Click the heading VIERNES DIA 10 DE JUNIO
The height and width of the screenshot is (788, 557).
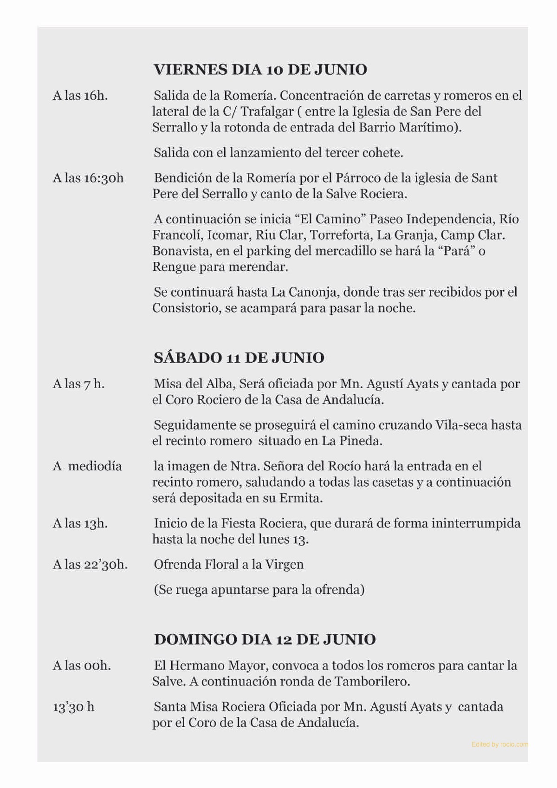click(x=260, y=70)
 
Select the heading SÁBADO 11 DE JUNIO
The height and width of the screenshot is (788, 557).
click(x=239, y=358)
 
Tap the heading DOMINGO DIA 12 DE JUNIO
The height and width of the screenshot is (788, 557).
click(x=265, y=639)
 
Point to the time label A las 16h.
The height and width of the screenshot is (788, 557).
click(x=80, y=96)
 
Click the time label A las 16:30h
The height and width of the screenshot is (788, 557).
click(x=88, y=178)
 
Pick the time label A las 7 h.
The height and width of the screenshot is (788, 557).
click(x=78, y=384)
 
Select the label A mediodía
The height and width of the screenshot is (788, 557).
click(x=87, y=466)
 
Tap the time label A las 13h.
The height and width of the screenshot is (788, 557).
click(x=80, y=523)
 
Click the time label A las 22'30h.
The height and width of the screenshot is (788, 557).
click(x=90, y=565)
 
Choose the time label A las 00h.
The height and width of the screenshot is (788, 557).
click(x=82, y=666)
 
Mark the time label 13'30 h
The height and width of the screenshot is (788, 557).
click(x=73, y=707)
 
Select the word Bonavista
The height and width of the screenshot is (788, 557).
click(x=181, y=251)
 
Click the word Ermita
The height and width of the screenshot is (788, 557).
click(x=301, y=498)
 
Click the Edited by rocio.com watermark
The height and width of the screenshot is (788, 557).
click(x=499, y=745)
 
